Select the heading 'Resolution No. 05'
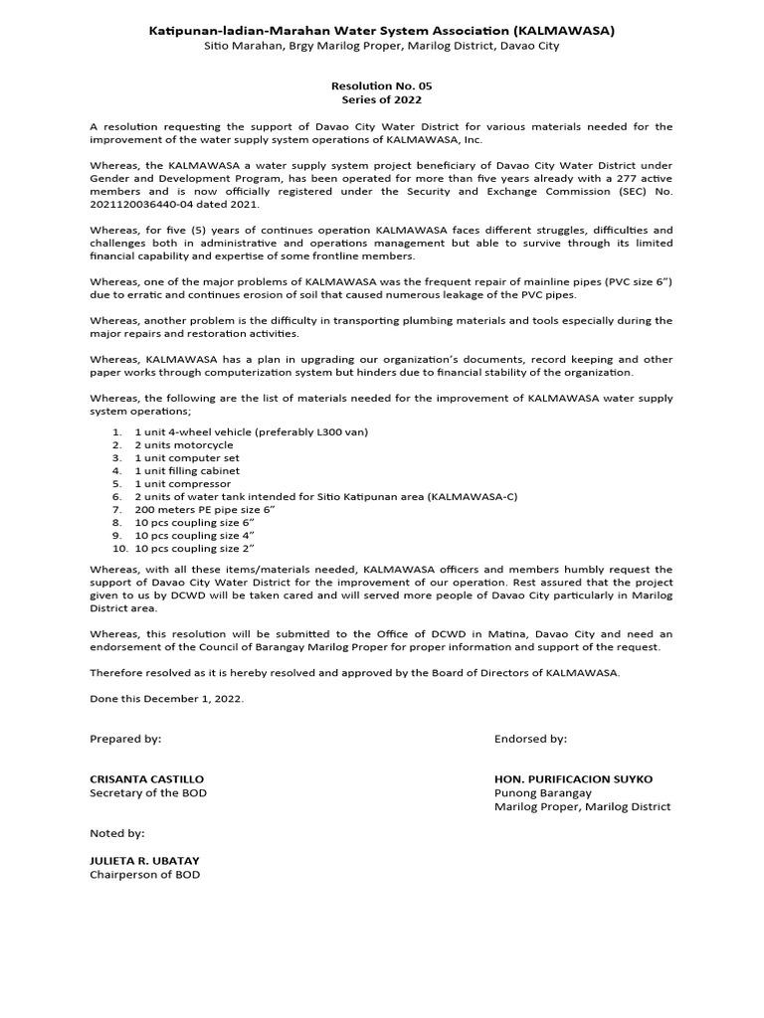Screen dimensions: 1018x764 click(x=382, y=86)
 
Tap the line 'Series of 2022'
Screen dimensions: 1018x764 click(x=382, y=100)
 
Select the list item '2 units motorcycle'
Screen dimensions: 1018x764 click(x=184, y=445)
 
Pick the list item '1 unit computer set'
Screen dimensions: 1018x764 click(x=187, y=458)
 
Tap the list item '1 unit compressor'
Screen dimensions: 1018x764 click(x=183, y=483)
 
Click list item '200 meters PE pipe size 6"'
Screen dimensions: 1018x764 click(x=204, y=509)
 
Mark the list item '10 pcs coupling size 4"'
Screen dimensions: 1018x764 click(x=195, y=535)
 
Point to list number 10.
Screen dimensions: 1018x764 click(x=119, y=548)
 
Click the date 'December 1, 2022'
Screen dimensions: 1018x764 click(x=193, y=699)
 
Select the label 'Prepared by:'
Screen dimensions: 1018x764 click(x=125, y=739)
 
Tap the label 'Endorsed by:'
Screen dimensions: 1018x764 click(x=530, y=739)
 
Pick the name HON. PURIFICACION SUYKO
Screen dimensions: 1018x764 click(x=573, y=778)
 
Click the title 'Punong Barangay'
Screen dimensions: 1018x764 click(x=542, y=792)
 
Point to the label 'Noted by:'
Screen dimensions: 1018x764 click(x=117, y=833)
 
